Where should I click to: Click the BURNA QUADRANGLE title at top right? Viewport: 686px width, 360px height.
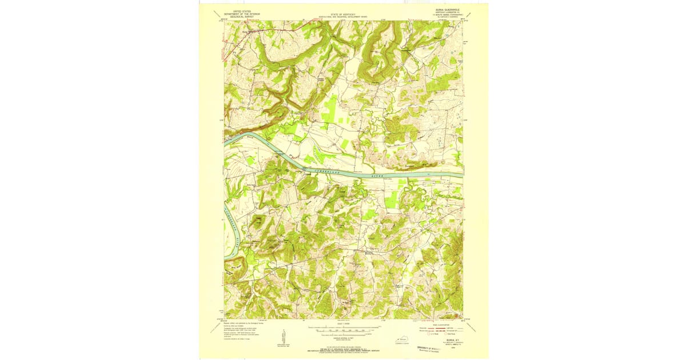448,9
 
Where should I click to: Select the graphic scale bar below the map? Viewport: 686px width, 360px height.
343,329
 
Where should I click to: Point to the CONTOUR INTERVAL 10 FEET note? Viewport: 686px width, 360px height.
343,334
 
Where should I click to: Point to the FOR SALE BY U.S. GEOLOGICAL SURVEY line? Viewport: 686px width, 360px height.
343,345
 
